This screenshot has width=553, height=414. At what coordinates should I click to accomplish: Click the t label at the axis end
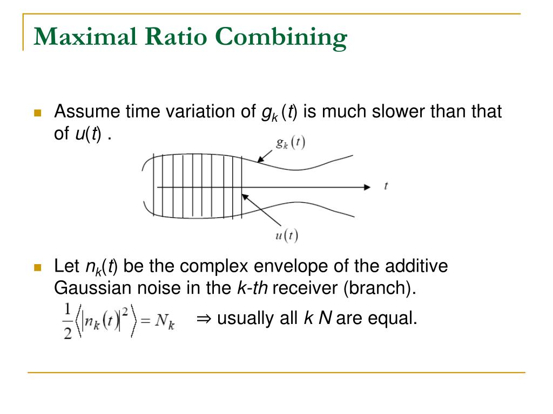click(x=386, y=186)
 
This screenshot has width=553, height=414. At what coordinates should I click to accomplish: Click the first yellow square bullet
click(x=37, y=113)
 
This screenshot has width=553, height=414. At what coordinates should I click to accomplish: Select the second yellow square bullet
click(x=37, y=267)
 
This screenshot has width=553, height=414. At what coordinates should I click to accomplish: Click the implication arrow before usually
click(x=203, y=319)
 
